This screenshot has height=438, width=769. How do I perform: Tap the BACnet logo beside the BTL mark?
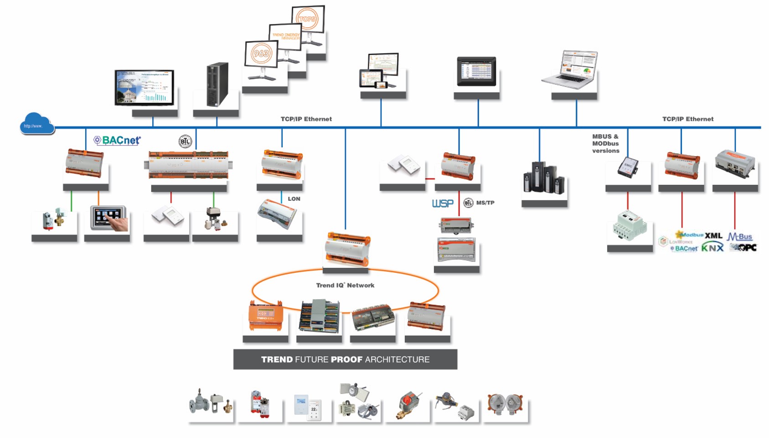117,141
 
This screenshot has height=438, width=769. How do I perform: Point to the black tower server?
217,84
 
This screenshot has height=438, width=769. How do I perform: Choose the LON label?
294,199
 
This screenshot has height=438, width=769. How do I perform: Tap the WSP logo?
443,203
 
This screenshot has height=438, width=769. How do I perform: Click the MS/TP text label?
485,203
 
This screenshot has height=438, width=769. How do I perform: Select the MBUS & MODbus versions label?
606,143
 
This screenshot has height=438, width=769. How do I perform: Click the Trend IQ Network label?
345,285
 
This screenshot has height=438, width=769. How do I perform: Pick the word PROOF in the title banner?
346,360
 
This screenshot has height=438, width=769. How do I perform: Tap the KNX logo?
712,248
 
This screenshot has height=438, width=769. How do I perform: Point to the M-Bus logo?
739,236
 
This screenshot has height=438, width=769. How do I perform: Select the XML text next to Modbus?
713,235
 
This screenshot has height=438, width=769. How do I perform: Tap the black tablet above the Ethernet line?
476,71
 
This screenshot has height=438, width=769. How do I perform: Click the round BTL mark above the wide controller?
185,141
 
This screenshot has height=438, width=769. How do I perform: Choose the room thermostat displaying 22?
315,408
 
